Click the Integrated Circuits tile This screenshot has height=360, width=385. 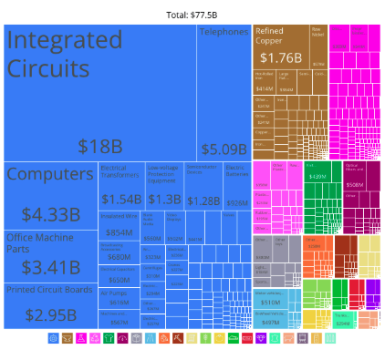pos(100,91)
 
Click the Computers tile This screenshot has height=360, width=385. pos(50,195)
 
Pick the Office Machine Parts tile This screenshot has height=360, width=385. pos(50,255)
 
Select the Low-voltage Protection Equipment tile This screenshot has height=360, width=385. pos(164,186)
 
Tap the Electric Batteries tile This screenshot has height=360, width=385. pos(236,186)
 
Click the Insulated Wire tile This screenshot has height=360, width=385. pos(119,224)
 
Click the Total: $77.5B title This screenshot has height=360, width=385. pos(192,15)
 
